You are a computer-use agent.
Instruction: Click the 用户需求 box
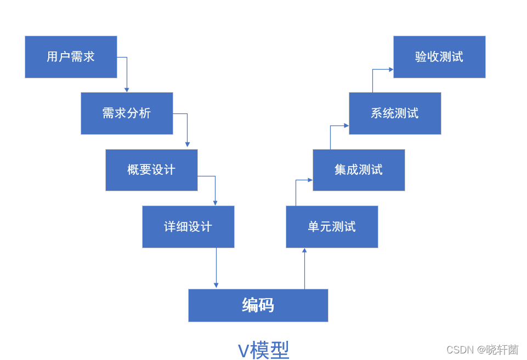click(x=71, y=57)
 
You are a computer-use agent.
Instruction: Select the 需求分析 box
click(x=127, y=113)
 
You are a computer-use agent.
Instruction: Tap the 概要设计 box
click(x=151, y=170)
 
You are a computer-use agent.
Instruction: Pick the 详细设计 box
click(x=188, y=227)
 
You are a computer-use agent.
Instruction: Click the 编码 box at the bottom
click(x=258, y=305)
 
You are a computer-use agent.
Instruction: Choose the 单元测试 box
click(x=332, y=227)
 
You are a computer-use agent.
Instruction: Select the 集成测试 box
click(x=359, y=170)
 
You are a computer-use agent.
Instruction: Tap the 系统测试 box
click(x=395, y=113)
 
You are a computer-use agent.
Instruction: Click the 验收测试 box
click(x=439, y=57)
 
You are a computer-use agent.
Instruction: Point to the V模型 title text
click(x=263, y=350)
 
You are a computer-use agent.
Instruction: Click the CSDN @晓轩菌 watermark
click(x=482, y=350)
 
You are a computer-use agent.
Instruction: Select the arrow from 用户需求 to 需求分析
click(x=127, y=74)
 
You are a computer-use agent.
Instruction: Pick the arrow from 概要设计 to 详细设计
click(x=215, y=189)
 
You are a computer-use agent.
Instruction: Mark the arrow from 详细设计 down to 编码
click(x=216, y=268)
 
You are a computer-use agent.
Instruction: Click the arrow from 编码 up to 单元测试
click(x=304, y=268)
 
